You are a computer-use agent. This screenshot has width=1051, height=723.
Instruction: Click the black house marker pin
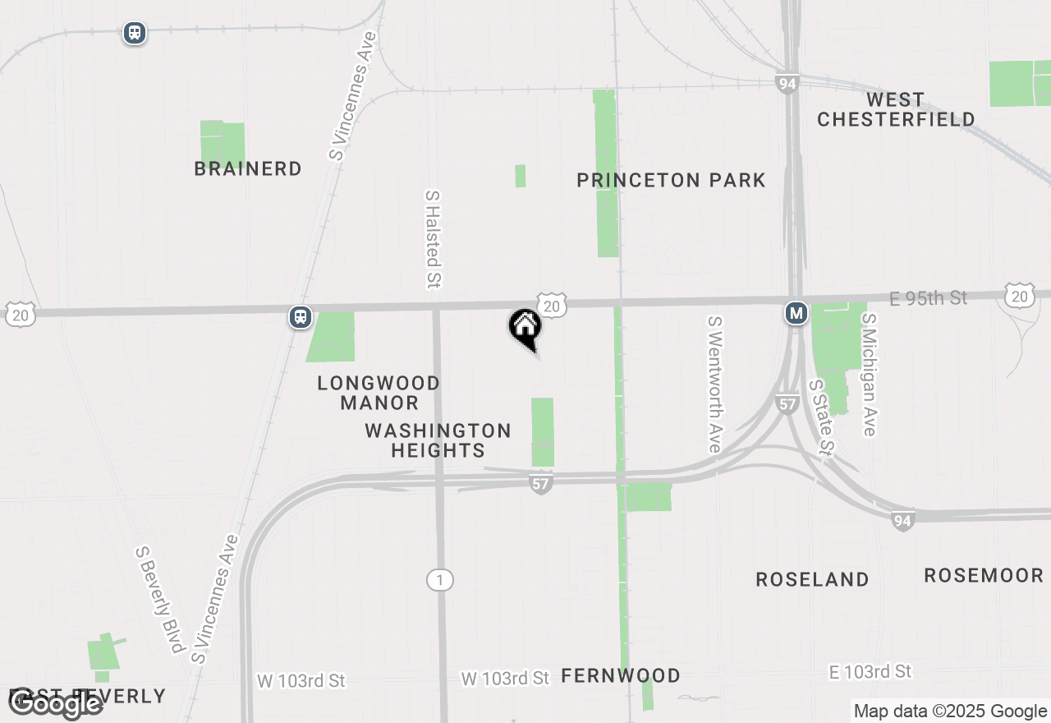coord(525,328)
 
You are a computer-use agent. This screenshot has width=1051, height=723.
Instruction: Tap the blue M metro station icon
coord(795,313)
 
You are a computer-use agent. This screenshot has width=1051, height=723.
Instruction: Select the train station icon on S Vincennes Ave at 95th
coord(301,317)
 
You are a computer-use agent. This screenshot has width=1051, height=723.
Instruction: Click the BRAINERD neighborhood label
coord(248,168)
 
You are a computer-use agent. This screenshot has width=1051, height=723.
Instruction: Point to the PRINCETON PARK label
coord(671,180)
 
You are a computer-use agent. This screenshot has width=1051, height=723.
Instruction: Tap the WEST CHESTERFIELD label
coord(895,109)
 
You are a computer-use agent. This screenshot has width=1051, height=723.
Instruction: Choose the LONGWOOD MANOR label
coord(379,393)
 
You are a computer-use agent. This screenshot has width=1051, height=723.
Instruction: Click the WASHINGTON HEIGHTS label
coord(438,440)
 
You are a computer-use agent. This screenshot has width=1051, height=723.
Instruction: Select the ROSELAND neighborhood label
coord(812,579)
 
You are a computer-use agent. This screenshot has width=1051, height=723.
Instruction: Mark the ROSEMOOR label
coord(983,575)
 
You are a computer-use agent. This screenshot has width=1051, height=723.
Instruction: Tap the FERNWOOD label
coord(621,675)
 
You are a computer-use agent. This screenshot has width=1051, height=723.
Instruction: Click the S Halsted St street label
coord(433,240)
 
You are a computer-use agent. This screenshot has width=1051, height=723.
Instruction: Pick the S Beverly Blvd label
coord(159,600)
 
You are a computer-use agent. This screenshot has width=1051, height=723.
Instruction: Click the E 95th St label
coord(929,298)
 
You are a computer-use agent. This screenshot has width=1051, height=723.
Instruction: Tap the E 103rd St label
coord(870,672)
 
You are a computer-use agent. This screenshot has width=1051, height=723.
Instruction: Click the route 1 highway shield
coord(439,581)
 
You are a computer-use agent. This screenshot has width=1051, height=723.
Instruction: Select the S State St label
coord(821,417)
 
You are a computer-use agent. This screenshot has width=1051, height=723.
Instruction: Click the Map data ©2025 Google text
coord(950,711)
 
